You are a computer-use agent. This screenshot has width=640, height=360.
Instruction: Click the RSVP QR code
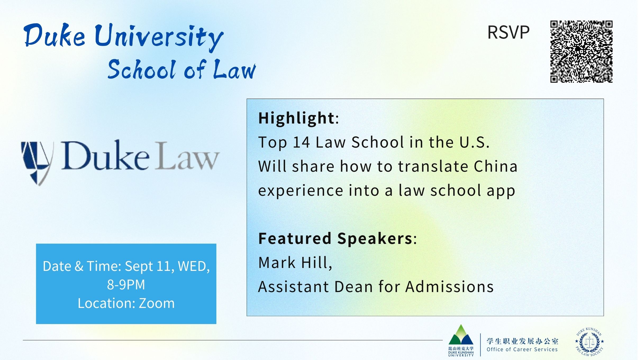[x=581, y=52]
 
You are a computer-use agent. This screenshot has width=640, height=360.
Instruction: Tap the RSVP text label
[x=508, y=33]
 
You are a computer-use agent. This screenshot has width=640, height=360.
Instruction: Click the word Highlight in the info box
[x=296, y=118]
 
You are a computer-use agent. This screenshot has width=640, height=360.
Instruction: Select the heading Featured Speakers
[x=335, y=238]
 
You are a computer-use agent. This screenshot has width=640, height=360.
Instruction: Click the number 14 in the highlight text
[x=301, y=142]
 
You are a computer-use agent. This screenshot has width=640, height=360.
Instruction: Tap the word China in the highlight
[x=495, y=166]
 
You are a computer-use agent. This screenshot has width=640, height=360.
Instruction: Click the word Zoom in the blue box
[x=157, y=303]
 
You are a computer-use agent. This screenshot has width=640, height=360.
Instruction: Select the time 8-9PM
[x=126, y=285]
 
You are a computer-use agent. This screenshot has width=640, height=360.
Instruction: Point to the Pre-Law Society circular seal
[x=589, y=341]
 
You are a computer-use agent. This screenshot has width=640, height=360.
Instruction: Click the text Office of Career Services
[x=522, y=349]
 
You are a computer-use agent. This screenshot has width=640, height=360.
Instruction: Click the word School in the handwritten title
[x=142, y=69]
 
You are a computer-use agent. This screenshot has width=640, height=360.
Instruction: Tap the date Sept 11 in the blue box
[x=149, y=266]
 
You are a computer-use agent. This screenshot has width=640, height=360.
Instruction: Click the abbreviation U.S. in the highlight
[x=474, y=142]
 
